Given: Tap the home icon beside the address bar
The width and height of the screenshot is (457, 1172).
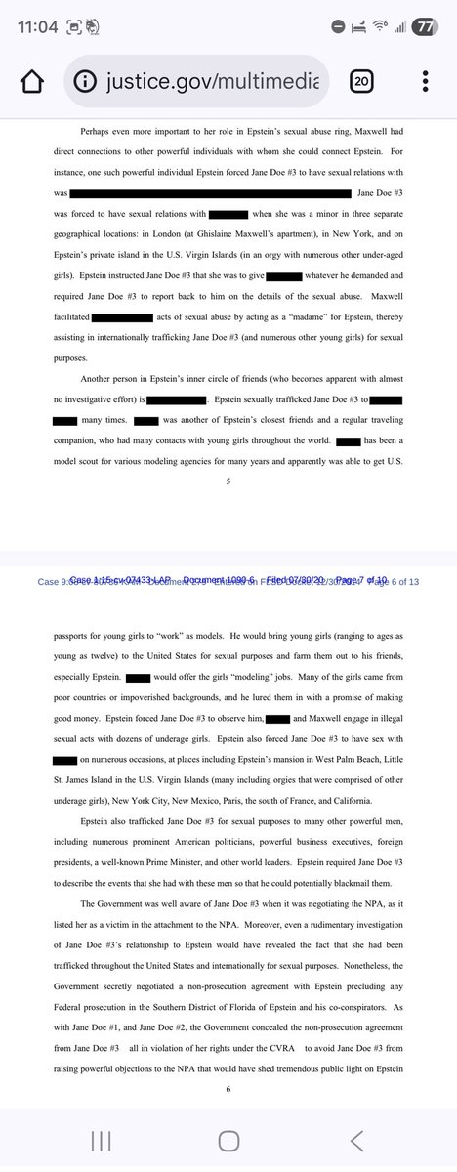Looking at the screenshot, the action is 32,82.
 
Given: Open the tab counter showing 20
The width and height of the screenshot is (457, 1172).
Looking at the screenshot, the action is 360,82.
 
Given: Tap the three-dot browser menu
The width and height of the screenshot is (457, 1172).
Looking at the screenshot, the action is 425,82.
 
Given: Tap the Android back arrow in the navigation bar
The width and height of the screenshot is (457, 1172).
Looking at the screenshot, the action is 357,1140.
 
